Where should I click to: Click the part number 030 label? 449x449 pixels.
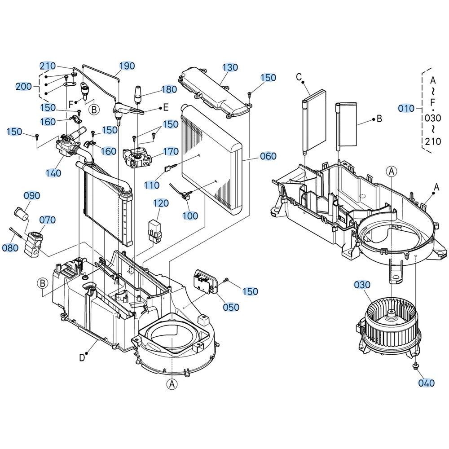362,285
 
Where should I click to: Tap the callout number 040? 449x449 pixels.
427,383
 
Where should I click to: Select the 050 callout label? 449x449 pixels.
231,307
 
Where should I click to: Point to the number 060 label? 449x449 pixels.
269,156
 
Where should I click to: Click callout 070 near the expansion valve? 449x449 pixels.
48,220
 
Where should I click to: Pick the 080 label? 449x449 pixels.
10,248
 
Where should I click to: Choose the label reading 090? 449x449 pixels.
32,196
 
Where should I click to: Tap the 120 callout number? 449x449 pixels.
161,203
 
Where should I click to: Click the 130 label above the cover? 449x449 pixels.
230,68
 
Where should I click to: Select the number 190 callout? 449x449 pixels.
127,66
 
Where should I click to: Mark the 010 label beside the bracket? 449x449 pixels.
406,109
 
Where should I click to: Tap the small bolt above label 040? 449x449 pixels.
415,366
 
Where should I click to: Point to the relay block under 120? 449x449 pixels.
154,232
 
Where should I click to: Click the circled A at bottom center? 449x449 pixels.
172,384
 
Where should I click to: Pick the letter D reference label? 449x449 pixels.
82,358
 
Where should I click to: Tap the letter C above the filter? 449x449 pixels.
299,77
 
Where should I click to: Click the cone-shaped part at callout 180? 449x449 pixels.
138,94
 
